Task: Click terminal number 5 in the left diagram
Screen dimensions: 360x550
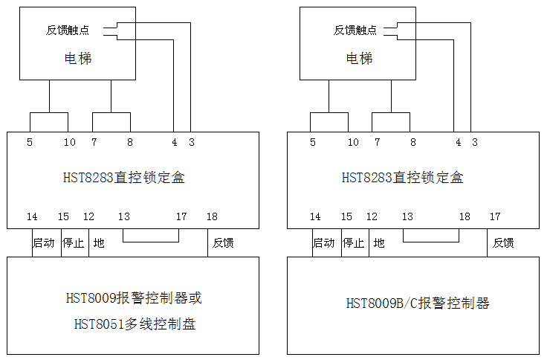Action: (x=30, y=142)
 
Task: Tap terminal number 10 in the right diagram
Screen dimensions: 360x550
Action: (x=353, y=142)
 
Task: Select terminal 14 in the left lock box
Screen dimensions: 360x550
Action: (x=32, y=216)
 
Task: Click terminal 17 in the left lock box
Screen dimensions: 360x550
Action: (x=181, y=216)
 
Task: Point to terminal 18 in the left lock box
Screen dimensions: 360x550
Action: (x=213, y=216)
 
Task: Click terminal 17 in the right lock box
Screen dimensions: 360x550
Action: (x=495, y=216)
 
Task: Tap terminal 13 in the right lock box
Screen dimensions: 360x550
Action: (x=407, y=216)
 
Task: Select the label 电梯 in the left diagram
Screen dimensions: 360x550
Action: (x=78, y=58)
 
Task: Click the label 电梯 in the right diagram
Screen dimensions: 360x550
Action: (x=359, y=58)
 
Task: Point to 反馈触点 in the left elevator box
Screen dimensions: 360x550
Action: (x=68, y=30)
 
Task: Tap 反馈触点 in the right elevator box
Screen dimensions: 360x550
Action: (x=355, y=30)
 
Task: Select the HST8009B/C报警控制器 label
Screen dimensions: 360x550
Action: (x=418, y=303)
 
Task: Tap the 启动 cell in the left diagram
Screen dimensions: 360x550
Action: (x=44, y=243)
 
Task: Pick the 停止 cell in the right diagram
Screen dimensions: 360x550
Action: (x=353, y=243)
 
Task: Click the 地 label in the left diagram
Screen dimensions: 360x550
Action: (x=99, y=243)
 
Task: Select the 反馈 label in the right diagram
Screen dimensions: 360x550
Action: (x=503, y=243)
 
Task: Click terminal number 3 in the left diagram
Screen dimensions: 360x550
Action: (x=191, y=142)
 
